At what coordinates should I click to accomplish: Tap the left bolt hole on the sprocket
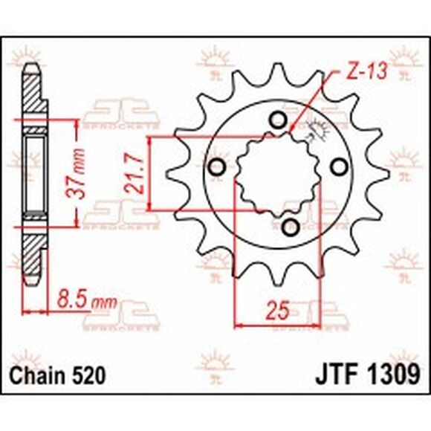click(x=218, y=168)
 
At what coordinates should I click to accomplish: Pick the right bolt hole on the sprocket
click(x=340, y=166)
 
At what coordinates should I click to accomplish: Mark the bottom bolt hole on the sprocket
click(x=291, y=226)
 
